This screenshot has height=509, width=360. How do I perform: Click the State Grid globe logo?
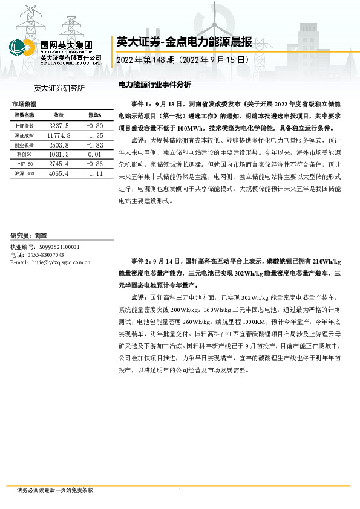click(x=22, y=48)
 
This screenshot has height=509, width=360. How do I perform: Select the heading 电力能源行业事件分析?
click(x=154, y=85)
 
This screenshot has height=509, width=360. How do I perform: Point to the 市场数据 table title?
click(x=24, y=104)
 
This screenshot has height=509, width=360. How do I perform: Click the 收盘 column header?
click(x=59, y=115)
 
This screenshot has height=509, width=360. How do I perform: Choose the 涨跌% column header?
click(x=94, y=115)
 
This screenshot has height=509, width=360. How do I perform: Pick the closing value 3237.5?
click(x=59, y=125)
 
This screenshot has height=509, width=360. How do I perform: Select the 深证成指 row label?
click(x=24, y=136)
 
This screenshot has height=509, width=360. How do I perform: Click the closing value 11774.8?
click(x=59, y=136)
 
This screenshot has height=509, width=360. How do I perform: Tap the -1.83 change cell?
click(x=95, y=146)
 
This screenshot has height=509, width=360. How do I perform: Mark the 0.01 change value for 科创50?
click(x=95, y=155)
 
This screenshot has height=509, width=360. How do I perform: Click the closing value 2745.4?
click(x=59, y=164)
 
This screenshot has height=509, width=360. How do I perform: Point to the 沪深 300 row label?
click(x=24, y=173)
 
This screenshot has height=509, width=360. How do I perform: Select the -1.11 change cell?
click(x=95, y=173)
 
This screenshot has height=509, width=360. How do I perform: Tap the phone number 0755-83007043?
click(x=45, y=255)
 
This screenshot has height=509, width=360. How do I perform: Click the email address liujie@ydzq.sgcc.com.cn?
click(x=61, y=262)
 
